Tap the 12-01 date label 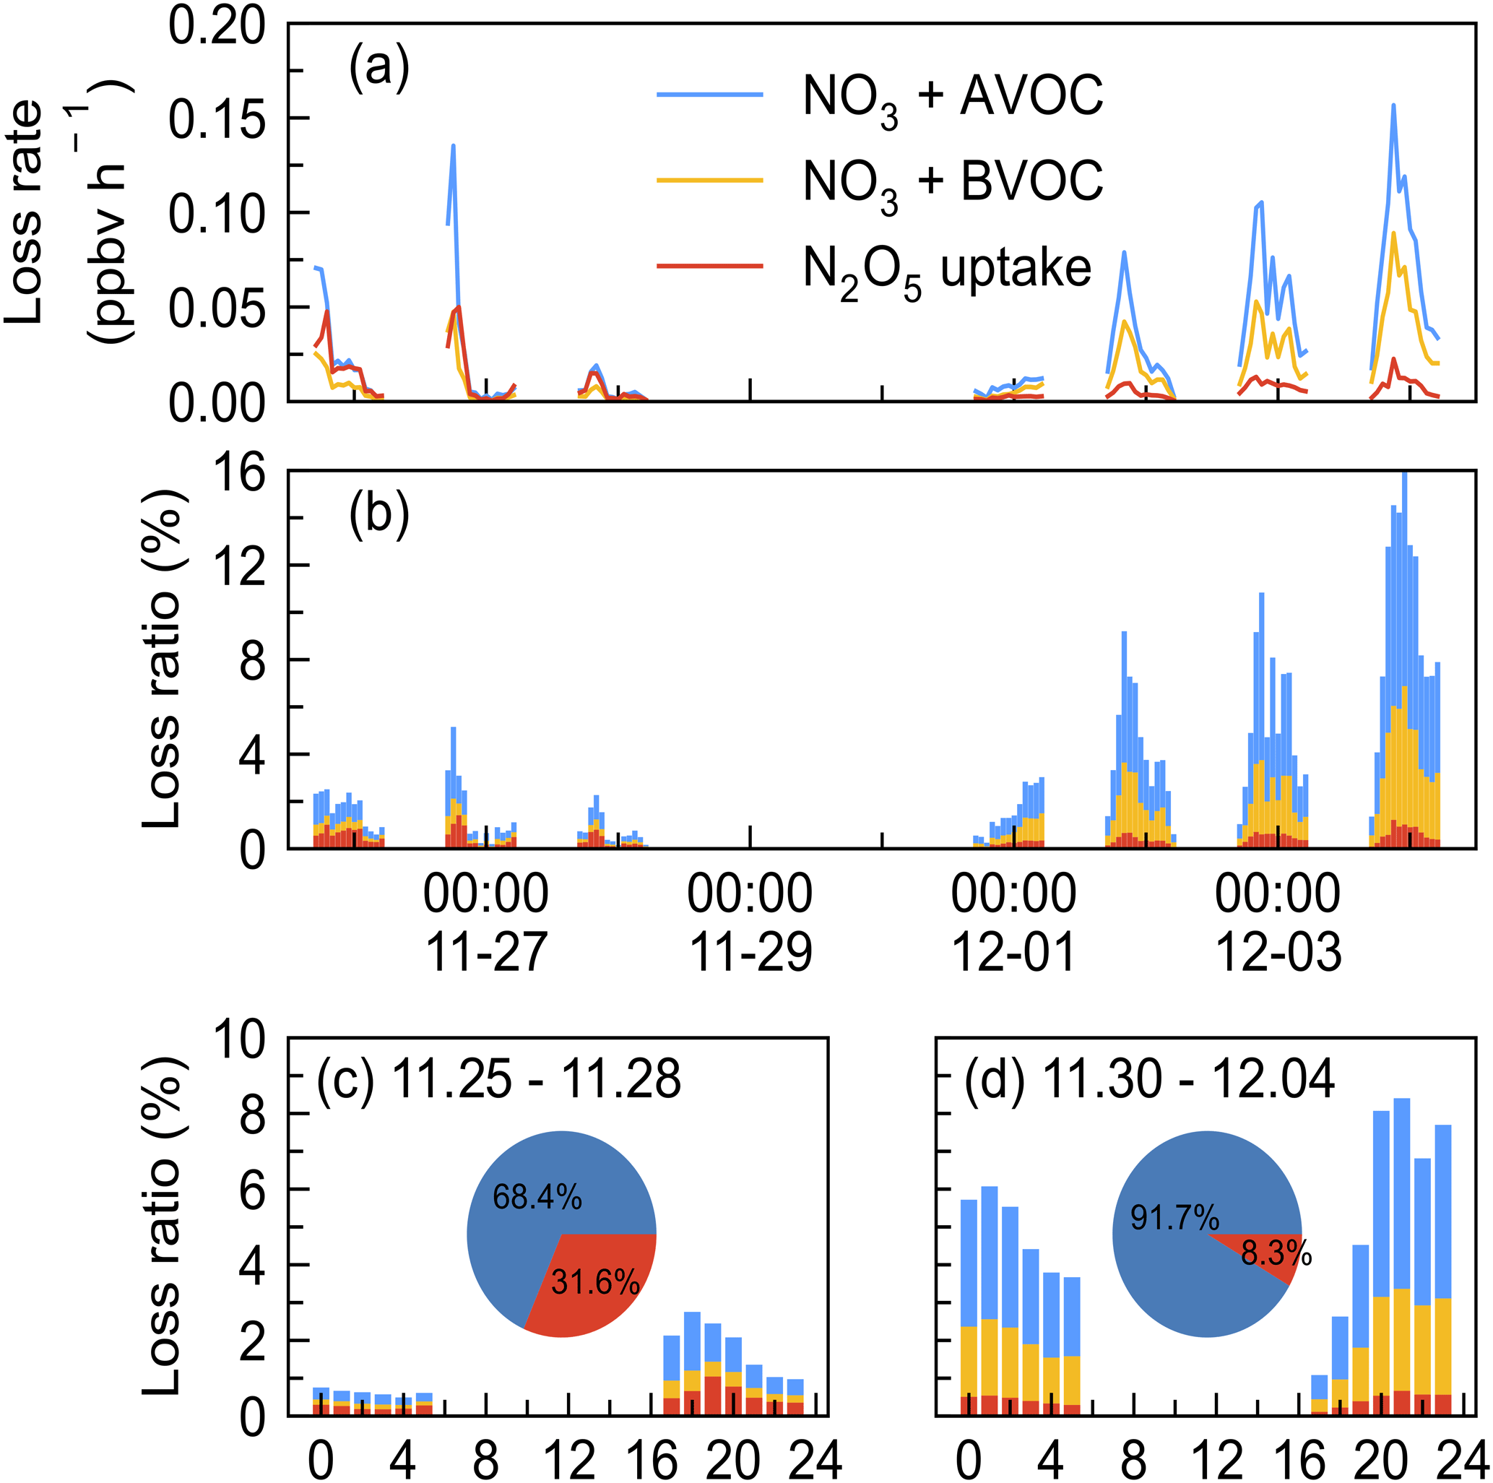[1013, 954]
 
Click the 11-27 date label [486, 954]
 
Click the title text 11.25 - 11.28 [536, 1078]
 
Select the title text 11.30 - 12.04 [1188, 1078]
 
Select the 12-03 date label [1278, 954]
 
